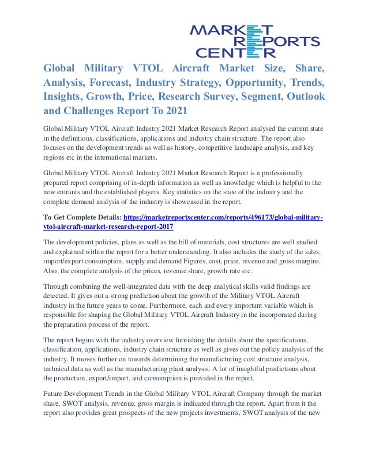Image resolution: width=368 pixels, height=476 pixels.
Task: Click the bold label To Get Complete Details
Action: pos(84,217)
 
